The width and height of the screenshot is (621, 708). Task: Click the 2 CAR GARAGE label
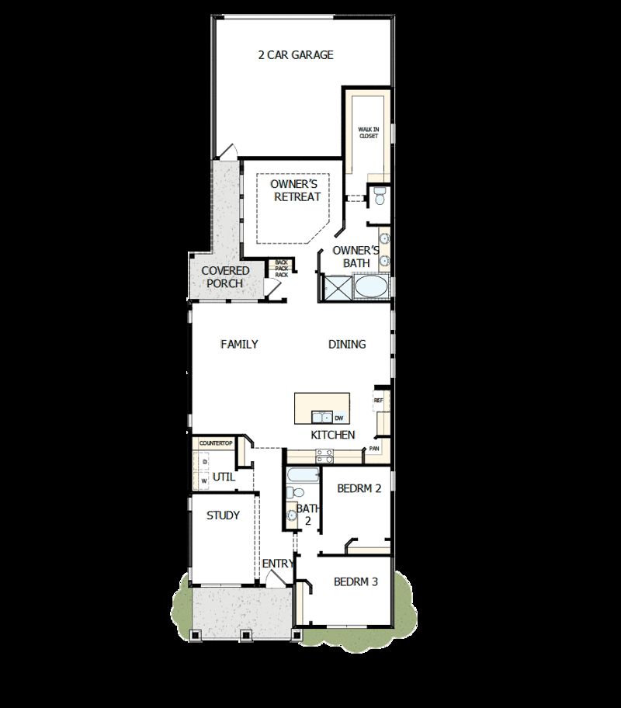pyautogui.click(x=296, y=55)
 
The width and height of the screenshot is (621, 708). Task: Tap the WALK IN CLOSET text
pyautogui.click(x=368, y=132)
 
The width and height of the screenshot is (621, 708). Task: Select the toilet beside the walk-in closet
pyautogui.click(x=379, y=196)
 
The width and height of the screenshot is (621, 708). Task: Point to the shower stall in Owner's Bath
pyautogui.click(x=338, y=289)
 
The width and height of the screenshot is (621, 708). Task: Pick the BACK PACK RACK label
pyautogui.click(x=282, y=269)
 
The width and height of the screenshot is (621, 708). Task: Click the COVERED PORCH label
pyautogui.click(x=225, y=277)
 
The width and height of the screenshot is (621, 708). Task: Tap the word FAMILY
pyautogui.click(x=239, y=344)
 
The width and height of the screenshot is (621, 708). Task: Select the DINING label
pyautogui.click(x=347, y=344)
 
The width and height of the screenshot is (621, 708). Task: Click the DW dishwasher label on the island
pyautogui.click(x=339, y=418)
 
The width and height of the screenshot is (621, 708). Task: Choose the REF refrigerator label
pyautogui.click(x=379, y=401)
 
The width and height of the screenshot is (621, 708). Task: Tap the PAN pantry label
pyautogui.click(x=374, y=449)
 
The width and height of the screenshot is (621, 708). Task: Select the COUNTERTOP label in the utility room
pyautogui.click(x=216, y=442)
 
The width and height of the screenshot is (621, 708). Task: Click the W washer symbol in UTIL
pyautogui.click(x=204, y=481)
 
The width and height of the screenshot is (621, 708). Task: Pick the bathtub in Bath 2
pyautogui.click(x=300, y=474)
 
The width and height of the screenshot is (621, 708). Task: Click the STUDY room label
pyautogui.click(x=223, y=515)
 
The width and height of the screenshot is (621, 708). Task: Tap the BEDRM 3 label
pyautogui.click(x=356, y=581)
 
